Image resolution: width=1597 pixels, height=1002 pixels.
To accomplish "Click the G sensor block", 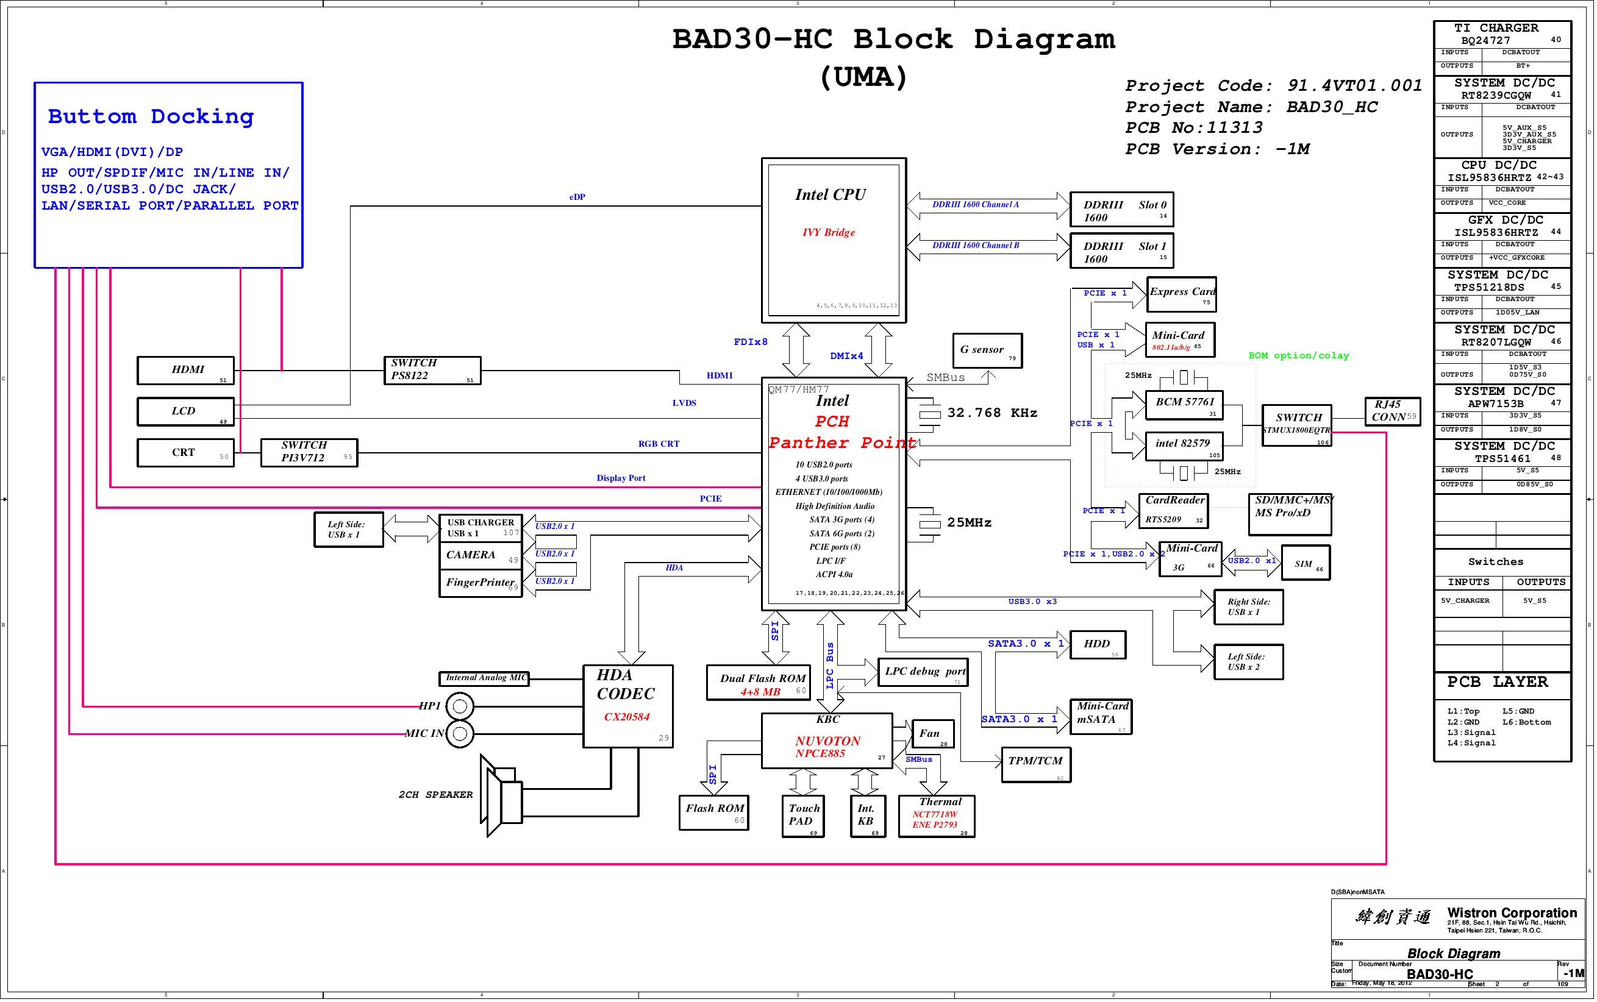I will pos(987,350).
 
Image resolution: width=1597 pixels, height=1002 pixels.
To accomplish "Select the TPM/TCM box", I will pos(1035,765).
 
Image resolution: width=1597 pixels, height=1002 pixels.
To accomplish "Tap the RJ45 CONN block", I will pos(1392,411).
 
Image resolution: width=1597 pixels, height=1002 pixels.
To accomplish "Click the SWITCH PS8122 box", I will pos(432,370).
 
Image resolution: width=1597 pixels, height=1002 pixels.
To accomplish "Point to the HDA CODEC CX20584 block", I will pos(627,706).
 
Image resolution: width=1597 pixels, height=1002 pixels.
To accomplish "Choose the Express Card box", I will pos(1181,294).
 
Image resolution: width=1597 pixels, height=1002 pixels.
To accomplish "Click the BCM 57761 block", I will pos(1184,404).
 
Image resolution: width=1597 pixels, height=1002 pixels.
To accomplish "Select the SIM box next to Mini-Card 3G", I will pos(1306,563).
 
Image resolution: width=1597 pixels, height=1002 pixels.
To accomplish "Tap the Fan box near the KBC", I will pos(932,734).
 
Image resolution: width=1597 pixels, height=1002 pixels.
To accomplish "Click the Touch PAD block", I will pos(803,815).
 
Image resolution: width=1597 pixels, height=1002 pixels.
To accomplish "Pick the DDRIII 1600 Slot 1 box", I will pos(1121,250).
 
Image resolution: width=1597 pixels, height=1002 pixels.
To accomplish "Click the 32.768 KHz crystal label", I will pos(991,413).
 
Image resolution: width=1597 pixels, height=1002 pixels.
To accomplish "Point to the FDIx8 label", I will pos(750,342).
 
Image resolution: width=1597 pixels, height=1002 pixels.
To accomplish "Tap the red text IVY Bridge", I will pos(828,233).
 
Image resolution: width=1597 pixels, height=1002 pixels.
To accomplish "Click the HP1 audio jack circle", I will pos(459,706).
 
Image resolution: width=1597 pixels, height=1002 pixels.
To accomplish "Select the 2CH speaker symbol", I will pos(502,795).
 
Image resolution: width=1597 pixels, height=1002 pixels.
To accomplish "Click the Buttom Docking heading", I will pos(151,116).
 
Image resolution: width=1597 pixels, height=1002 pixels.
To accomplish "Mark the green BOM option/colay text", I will pos(1298,356).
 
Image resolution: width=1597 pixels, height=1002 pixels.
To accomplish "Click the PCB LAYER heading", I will pos(1497,682).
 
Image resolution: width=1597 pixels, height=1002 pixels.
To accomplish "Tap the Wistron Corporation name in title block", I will pos(1512,912).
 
